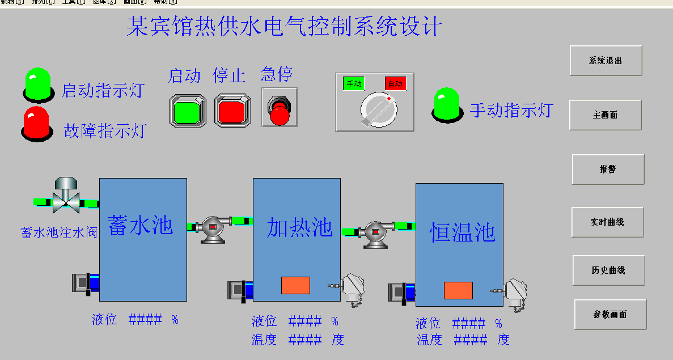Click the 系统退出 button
click(606, 61)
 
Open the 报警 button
click(608, 169)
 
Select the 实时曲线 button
click(607, 222)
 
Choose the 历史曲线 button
click(608, 270)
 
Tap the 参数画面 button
click(610, 315)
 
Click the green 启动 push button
click(187, 110)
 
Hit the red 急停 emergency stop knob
click(279, 112)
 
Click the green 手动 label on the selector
click(354, 84)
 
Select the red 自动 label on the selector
click(396, 84)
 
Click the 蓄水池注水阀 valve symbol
click(65, 196)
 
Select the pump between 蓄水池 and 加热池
click(213, 227)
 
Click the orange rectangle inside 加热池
click(295, 285)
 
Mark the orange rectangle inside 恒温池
click(458, 290)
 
